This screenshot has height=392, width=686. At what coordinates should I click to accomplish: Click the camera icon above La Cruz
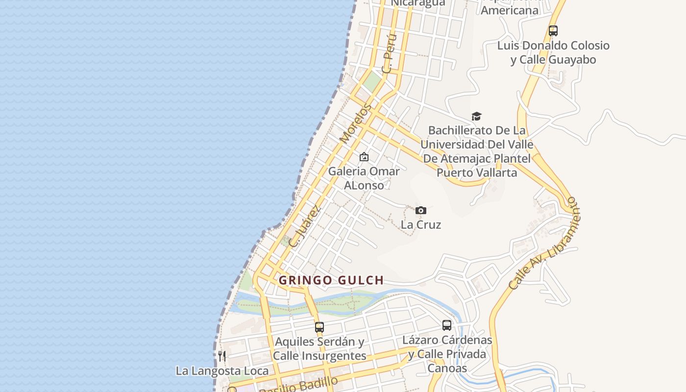coord(420,211)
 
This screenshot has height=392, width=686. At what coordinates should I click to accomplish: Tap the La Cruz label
coord(421,225)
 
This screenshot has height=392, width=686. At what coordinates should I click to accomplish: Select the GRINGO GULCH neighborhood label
coord(331,281)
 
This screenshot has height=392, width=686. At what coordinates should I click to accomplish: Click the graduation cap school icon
coord(476,116)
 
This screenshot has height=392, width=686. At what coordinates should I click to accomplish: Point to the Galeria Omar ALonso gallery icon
coord(364,157)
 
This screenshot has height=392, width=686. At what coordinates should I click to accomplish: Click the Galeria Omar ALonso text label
coord(364,178)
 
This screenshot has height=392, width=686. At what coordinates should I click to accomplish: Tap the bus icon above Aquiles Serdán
coord(319,327)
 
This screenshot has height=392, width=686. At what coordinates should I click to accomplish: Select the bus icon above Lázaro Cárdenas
coord(447,325)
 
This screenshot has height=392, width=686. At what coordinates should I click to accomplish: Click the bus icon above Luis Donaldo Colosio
coord(553,31)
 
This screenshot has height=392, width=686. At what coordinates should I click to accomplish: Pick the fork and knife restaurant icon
coord(222,356)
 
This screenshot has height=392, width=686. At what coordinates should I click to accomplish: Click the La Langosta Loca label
coord(222,371)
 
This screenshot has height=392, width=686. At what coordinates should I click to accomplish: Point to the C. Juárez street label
coord(305,226)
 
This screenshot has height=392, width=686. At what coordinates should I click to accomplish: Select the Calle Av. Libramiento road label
coord(543,243)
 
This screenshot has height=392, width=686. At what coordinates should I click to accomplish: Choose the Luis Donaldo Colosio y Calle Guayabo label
coord(553,52)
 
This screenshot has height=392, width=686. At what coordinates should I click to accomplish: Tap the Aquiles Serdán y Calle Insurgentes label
coord(319,348)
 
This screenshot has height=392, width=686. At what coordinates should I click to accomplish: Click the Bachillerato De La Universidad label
coord(477,151)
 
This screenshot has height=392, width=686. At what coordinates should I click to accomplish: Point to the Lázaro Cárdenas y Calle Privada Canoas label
coord(447,353)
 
